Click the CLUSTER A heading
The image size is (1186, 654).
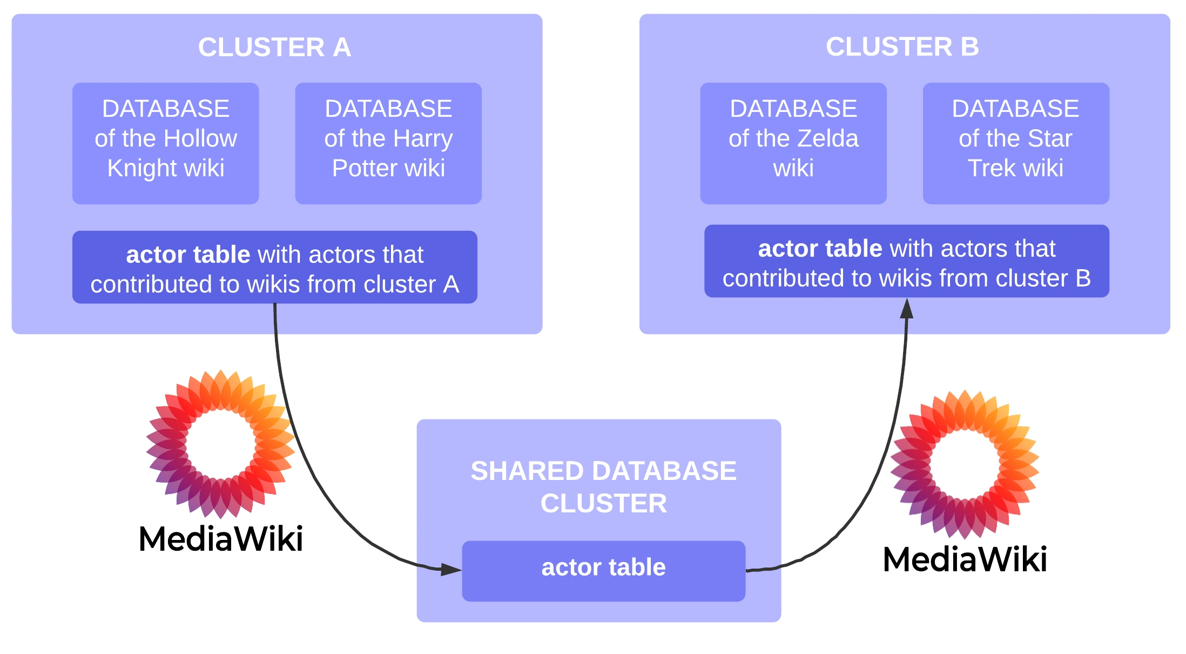coord(274,48)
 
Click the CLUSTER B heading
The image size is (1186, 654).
coord(902,47)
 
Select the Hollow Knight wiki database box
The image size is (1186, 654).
coord(166,143)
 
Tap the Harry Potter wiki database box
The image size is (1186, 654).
coord(388,143)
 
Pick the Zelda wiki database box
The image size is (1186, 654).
coord(793,143)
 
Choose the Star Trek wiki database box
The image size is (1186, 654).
coord(1016,143)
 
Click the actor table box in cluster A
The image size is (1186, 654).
coord(275,268)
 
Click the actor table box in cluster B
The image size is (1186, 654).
coord(907,262)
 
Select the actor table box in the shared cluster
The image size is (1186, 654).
coord(603,571)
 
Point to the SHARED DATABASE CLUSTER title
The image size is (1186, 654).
coord(603,487)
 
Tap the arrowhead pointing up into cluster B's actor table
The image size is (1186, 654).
coord(907,309)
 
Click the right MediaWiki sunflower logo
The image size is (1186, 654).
coord(965,464)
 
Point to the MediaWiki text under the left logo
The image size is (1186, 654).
coord(221,539)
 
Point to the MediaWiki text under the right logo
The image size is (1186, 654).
coord(965,559)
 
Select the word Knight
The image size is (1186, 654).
coord(135,169)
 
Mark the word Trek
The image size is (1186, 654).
coord(990,169)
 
